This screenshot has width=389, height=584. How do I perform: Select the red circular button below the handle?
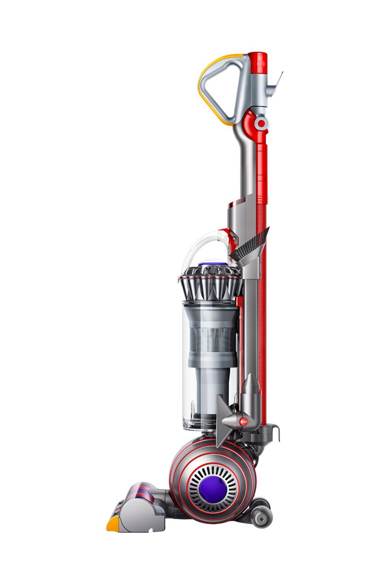[x=262, y=124]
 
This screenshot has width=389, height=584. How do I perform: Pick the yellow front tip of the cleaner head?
[x=112, y=524]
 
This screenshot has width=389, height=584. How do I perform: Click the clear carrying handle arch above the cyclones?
[x=194, y=248]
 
